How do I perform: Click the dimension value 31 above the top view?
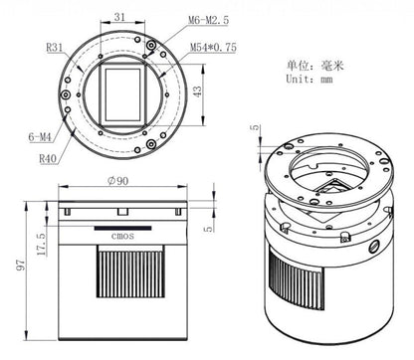pos(119,17)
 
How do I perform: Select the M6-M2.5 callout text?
pos(209,20)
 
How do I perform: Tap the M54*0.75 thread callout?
pos(213,48)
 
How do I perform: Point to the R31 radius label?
pos(54,48)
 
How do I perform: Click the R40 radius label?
pos(48,159)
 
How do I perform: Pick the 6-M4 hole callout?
pos(40,136)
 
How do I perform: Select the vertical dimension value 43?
pos(197,91)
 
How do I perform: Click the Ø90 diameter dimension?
pos(118,181)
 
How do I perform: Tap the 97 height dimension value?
pos(21,266)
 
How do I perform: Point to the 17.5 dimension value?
pos(41,245)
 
